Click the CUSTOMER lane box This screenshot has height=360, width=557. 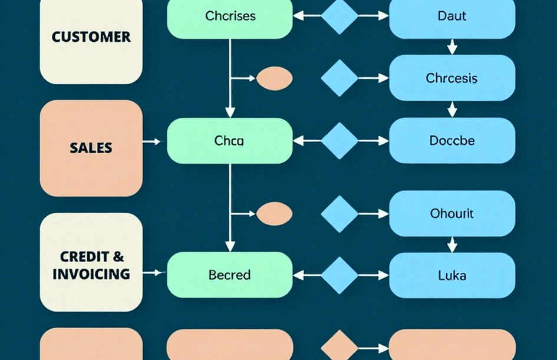pyautogui.click(x=91, y=41)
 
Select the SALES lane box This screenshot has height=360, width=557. pyautogui.click(x=91, y=148)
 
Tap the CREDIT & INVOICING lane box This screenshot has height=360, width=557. pyautogui.click(x=91, y=262)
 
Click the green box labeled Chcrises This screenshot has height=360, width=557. pyautogui.click(x=230, y=18)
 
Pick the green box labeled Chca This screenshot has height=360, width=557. pyautogui.click(x=230, y=141)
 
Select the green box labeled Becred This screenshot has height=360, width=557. pyautogui.click(x=230, y=275)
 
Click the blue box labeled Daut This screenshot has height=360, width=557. pyautogui.click(x=452, y=18)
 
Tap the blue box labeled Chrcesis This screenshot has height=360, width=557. pyautogui.click(x=452, y=78)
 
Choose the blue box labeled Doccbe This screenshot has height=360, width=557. pyautogui.click(x=452, y=141)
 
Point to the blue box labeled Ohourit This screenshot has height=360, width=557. pyautogui.click(x=452, y=213)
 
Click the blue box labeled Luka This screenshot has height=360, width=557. pyautogui.click(x=452, y=275)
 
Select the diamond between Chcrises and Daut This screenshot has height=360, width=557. pyautogui.click(x=340, y=16)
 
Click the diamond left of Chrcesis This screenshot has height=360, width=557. pyautogui.click(x=340, y=78)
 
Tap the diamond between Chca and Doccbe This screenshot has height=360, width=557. pyautogui.click(x=340, y=141)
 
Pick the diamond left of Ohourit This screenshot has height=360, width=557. pyautogui.click(x=340, y=214)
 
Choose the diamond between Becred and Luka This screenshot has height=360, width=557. pyautogui.click(x=340, y=276)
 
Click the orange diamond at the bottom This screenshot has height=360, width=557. pyautogui.click(x=340, y=345)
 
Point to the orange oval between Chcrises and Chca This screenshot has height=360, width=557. pyautogui.click(x=274, y=78)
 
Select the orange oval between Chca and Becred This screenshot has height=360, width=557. pyautogui.click(x=274, y=214)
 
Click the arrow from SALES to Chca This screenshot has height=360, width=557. pyautogui.click(x=151, y=141)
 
